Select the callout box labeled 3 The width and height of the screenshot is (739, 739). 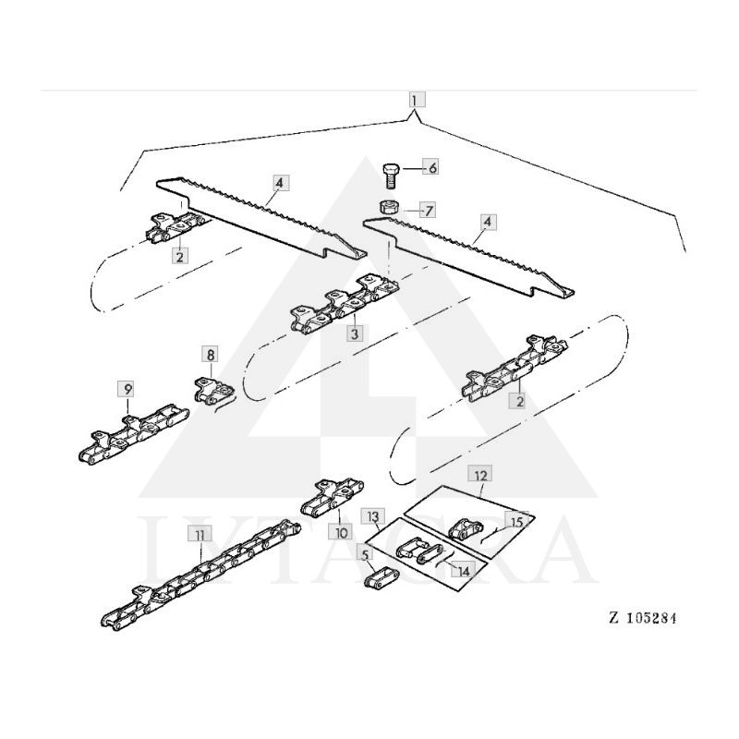pos(354,332)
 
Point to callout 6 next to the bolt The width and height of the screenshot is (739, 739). pos(431,167)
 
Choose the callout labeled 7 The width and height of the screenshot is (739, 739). pos(427,210)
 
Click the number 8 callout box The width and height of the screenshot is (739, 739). pos(211,354)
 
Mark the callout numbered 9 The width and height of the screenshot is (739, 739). pos(127,388)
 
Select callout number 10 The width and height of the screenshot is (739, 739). pos(341,532)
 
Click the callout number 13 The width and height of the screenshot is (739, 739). pos(373,515)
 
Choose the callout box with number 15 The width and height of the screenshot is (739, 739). pos(516,522)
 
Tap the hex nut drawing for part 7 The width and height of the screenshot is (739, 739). pos(389,204)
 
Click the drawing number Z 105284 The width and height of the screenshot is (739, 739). pos(643,618)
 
